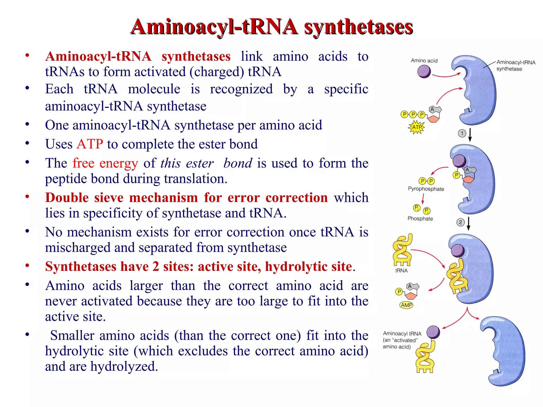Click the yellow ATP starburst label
coord(417,127)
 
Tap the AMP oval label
coord(406,305)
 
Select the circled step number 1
coord(462,133)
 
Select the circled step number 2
coord(461,222)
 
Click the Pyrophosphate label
coord(426,189)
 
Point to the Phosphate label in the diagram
coord(420,219)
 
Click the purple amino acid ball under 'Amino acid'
coord(424,72)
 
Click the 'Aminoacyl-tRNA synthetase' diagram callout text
coord(515,65)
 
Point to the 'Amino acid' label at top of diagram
coord(424,61)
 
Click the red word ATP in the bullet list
coord(90,144)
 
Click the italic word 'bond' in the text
coord(238,163)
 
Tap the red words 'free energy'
coord(105,163)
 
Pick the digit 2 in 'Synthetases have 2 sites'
coord(156,267)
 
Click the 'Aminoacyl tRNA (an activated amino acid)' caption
coord(402,340)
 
